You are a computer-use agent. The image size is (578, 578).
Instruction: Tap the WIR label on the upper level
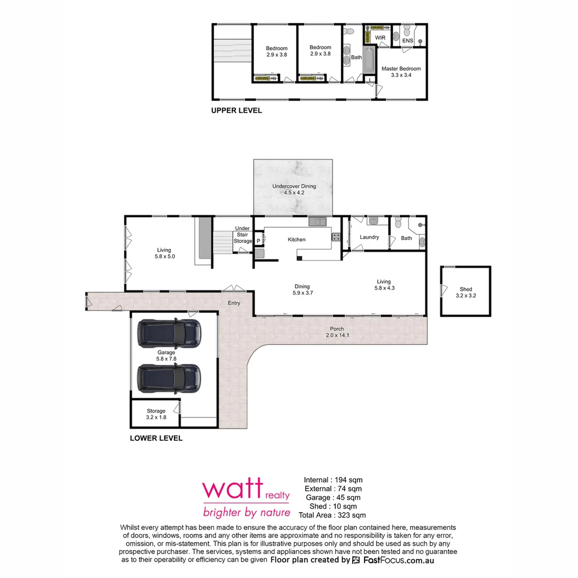pos(380,37)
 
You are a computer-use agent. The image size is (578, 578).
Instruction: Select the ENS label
pos(408,41)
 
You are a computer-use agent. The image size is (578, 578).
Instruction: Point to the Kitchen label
pos(296,239)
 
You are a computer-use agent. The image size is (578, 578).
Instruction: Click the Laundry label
pos(369,237)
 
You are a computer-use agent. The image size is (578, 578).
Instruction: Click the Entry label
pos(234,303)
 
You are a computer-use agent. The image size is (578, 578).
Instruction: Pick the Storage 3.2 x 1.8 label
pos(156,414)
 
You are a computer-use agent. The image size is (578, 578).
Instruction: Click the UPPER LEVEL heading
pos(237,111)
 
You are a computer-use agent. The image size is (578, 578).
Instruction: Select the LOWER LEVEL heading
pos(156,438)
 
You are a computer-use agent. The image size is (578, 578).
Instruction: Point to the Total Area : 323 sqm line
pos(332,515)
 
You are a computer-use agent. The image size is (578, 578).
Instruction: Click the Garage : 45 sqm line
pos(332,497)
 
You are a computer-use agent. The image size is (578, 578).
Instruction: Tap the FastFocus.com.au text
pos(399,560)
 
